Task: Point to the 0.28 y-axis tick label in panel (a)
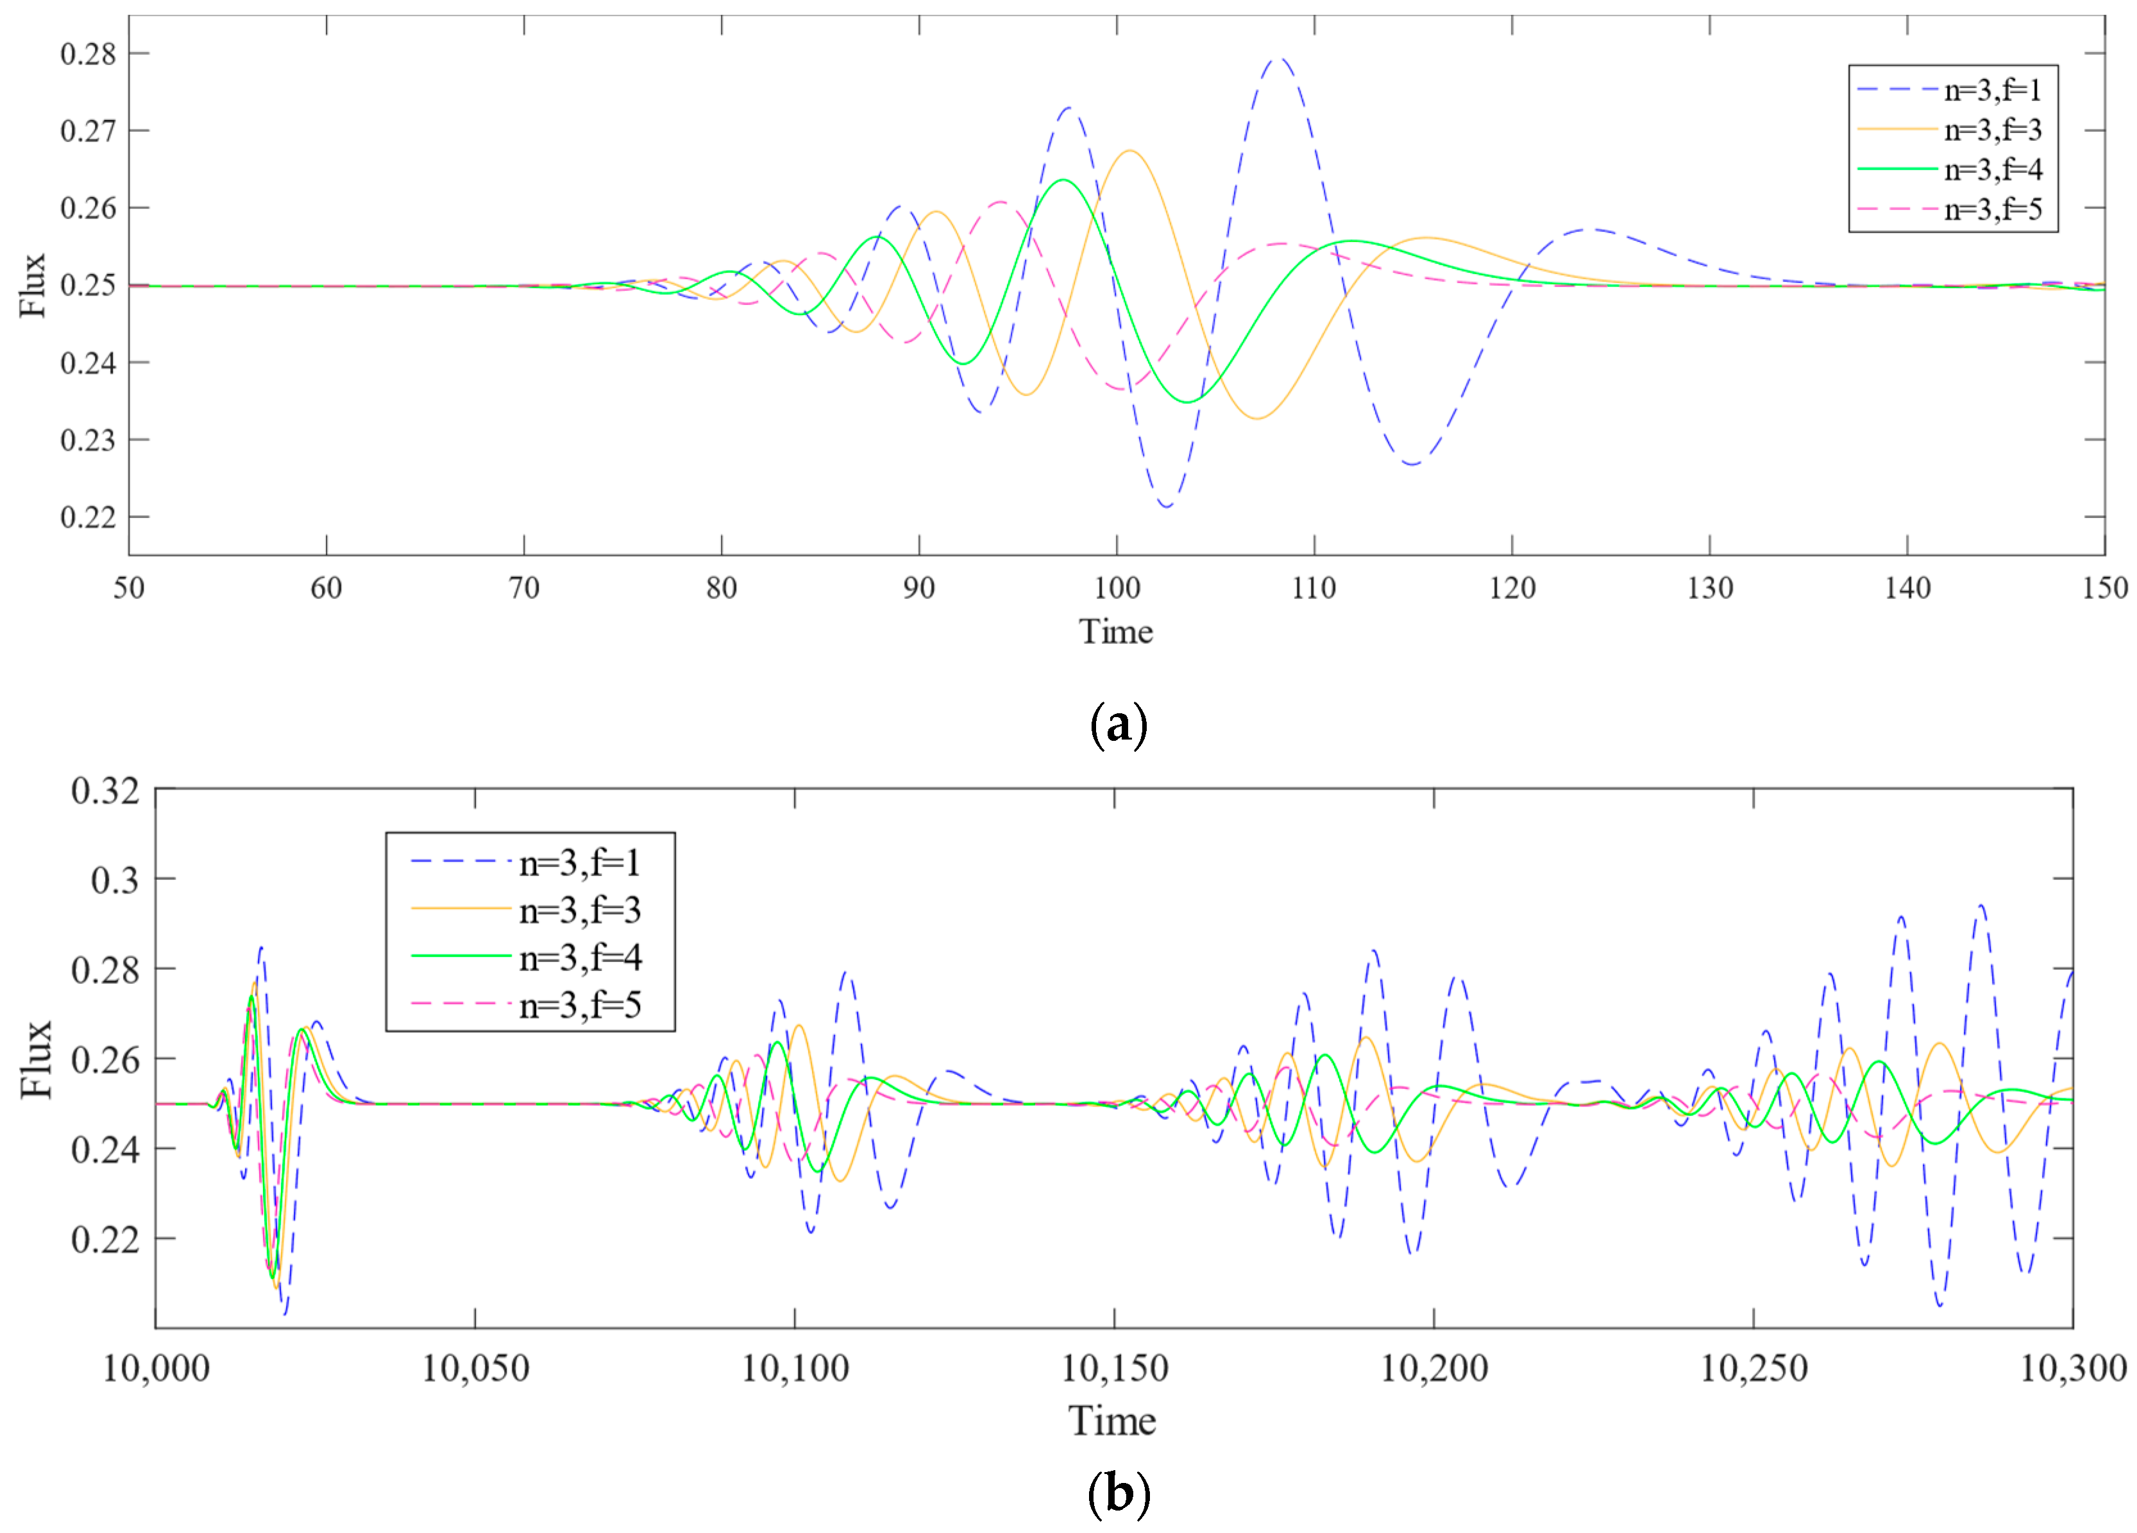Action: click(88, 54)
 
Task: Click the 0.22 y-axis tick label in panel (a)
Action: click(88, 517)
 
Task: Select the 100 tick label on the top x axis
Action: click(1117, 589)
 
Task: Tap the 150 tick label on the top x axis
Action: click(2104, 589)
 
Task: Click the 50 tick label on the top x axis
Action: click(129, 589)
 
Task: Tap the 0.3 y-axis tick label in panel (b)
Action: click(114, 880)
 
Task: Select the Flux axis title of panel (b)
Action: click(36, 1058)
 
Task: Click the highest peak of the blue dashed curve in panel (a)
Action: click(1279, 60)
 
